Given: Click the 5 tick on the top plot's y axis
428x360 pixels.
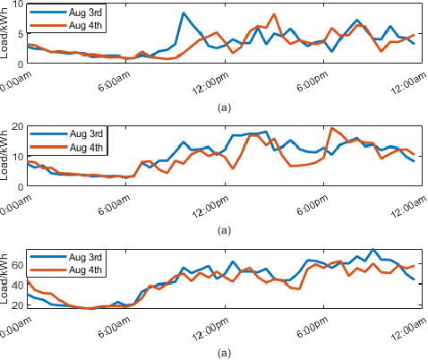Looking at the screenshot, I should coord(20,33).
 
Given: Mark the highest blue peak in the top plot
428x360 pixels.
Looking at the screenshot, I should coord(183,13).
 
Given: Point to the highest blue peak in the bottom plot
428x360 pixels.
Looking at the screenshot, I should coord(372,250).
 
